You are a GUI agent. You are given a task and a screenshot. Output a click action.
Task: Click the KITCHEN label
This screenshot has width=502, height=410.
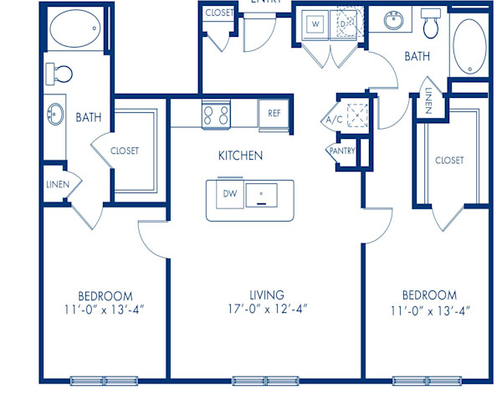tap(241, 156)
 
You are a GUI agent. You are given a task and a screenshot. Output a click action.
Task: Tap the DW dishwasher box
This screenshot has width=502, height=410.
tap(229, 194)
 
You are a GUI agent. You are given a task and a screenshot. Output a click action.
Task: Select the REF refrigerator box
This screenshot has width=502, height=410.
tap(274, 113)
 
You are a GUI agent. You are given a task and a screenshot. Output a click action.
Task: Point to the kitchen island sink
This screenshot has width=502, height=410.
tap(266, 196)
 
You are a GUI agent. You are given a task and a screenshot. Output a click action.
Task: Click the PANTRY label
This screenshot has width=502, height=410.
tap(342, 151)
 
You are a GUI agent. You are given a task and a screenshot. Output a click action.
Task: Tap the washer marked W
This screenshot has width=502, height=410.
tap(316, 24)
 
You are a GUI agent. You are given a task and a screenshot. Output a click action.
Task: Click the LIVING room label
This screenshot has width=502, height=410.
tap(266, 295)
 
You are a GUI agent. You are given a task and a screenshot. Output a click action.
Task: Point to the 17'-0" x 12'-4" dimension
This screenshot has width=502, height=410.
tap(266, 310)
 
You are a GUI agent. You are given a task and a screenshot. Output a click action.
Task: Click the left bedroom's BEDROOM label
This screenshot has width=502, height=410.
tap(105, 295)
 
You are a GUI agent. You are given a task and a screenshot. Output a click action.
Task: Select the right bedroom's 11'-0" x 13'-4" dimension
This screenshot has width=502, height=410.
tap(429, 310)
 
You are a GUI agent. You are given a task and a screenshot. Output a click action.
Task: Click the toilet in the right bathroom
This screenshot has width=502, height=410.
tap(431, 25)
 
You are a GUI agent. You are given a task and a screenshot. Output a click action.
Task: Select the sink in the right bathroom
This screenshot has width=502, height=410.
tap(393, 20)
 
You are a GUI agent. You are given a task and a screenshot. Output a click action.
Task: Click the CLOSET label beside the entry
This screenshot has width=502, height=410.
tap(219, 13)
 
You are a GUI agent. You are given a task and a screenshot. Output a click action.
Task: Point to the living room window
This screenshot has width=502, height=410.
tap(265, 381)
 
